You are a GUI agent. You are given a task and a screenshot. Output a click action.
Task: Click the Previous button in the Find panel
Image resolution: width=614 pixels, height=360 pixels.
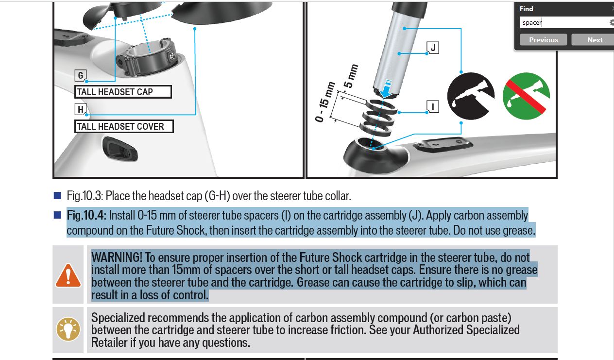(x=543, y=40)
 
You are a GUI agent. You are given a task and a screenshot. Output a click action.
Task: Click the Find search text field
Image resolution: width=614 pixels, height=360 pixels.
(x=564, y=22)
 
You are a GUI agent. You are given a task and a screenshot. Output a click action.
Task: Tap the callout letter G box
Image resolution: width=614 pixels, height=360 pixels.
(x=81, y=75)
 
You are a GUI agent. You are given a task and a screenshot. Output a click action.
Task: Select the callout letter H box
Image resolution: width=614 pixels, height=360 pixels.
(x=81, y=109)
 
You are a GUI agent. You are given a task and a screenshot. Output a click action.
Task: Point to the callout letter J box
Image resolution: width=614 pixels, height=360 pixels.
(x=433, y=48)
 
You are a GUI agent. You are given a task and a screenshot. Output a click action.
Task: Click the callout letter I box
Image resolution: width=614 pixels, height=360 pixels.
(x=433, y=106)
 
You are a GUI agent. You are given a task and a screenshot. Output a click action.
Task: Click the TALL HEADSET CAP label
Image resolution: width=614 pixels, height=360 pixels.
(x=123, y=92)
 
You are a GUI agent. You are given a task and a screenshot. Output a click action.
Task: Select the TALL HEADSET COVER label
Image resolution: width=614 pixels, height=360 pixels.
(x=124, y=126)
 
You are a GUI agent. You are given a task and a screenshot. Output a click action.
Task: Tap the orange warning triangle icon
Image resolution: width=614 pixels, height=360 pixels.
(x=68, y=275)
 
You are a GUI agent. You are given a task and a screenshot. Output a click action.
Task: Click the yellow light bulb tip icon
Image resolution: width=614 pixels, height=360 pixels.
(x=68, y=329)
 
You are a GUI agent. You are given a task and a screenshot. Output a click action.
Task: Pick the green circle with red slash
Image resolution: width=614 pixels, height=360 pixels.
(x=526, y=96)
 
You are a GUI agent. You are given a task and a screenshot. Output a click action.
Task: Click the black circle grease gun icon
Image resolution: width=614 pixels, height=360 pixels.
(x=471, y=96)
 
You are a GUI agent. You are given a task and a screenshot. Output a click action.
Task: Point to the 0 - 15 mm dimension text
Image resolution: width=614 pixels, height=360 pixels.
(x=325, y=102)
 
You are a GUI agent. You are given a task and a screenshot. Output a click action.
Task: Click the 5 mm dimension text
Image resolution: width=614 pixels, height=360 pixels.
(x=351, y=76)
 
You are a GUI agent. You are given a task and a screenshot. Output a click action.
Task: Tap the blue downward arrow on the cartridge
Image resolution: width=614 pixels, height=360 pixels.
(x=386, y=88)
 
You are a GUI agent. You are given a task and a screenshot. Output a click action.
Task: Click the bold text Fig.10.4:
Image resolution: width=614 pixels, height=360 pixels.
(x=86, y=215)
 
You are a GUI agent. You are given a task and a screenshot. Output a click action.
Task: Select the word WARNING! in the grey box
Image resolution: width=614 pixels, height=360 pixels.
(x=117, y=257)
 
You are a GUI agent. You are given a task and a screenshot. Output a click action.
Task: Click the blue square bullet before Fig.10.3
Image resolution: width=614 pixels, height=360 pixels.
(x=57, y=195)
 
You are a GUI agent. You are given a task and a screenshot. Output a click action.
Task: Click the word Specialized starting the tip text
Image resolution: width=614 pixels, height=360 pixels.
(x=118, y=318)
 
